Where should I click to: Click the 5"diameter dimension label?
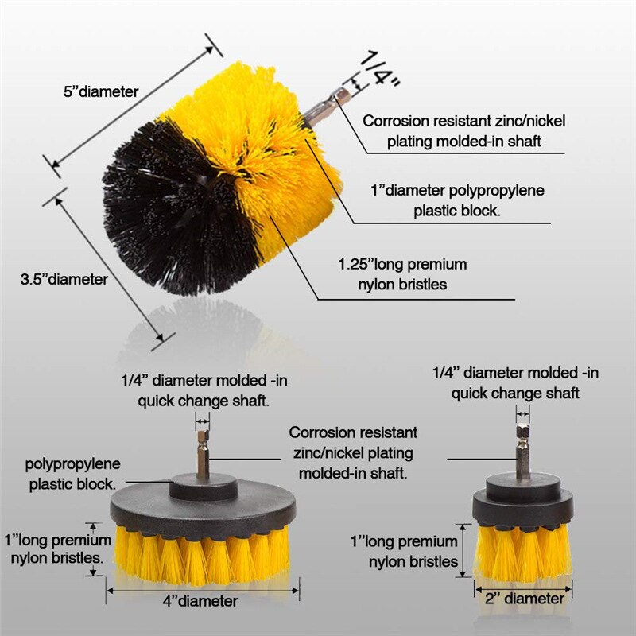pos(101,92)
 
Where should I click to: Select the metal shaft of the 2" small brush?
pos(522,452)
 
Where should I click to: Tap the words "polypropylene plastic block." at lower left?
pos(72,473)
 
